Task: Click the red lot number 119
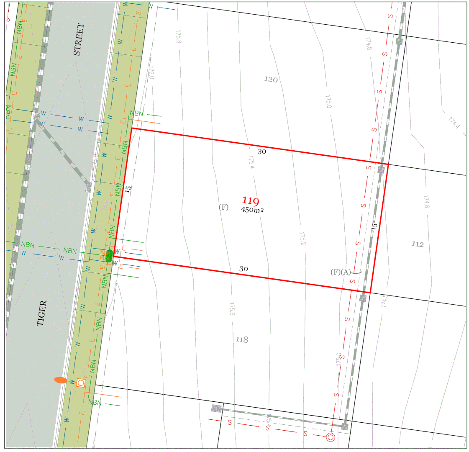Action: pyautogui.click(x=251, y=201)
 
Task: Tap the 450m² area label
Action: pyautogui.click(x=252, y=210)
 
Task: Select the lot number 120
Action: pyautogui.click(x=271, y=80)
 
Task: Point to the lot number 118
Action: pyautogui.click(x=242, y=339)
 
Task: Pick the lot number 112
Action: pyautogui.click(x=418, y=244)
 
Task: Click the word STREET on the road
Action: pyautogui.click(x=79, y=39)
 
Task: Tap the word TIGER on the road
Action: pyautogui.click(x=42, y=313)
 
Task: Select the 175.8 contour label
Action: pyautogui.click(x=179, y=36)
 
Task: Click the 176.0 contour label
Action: pyautogui.click(x=151, y=73)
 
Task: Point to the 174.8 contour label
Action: pyautogui.click(x=369, y=44)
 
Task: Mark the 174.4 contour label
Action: pyautogui.click(x=454, y=123)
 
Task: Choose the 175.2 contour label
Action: pyautogui.click(x=302, y=239)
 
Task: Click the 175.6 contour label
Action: pyautogui.click(x=231, y=309)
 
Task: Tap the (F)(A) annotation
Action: pyautogui.click(x=341, y=272)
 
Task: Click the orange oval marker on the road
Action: pyautogui.click(x=61, y=380)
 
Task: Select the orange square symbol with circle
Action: pyautogui.click(x=81, y=383)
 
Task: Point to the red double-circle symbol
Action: pyautogui.click(x=331, y=438)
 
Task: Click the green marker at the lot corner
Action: pyautogui.click(x=109, y=255)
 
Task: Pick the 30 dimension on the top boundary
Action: pyautogui.click(x=261, y=152)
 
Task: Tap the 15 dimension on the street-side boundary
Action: pyautogui.click(x=128, y=188)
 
